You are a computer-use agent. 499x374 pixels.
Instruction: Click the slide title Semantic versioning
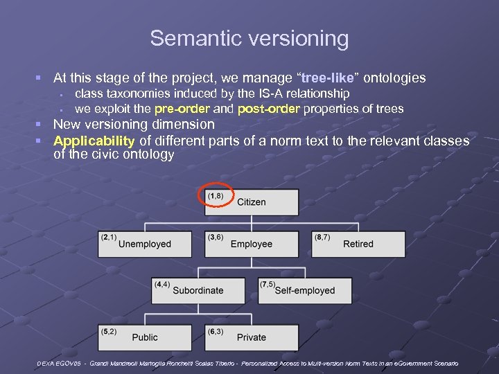point(249,38)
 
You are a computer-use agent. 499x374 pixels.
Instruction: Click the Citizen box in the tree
point(252,202)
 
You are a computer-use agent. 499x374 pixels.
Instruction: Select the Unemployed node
point(144,244)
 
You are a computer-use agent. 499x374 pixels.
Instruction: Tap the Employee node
point(252,244)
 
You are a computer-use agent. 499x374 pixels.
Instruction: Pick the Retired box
point(358,244)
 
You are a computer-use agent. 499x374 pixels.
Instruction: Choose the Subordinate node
point(198,290)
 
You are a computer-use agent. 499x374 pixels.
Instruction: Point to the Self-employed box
point(305,290)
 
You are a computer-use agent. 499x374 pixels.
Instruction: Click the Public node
point(144,337)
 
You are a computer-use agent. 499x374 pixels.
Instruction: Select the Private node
point(252,337)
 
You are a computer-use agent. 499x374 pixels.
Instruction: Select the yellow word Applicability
point(95,141)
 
